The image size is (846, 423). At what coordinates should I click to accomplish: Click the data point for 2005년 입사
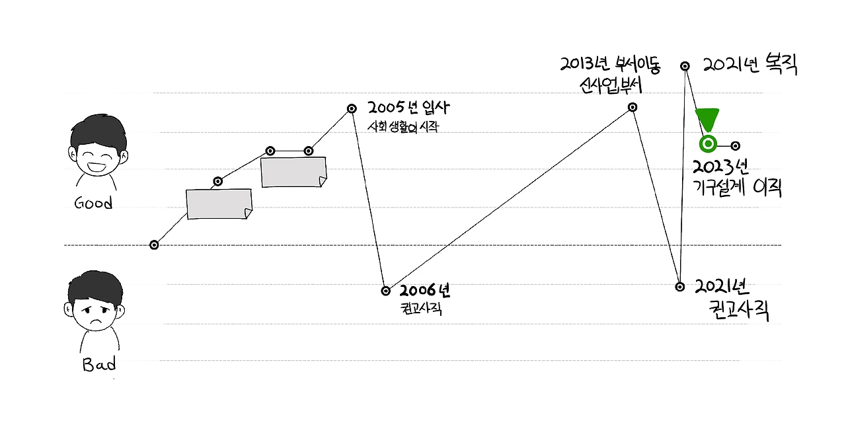click(352, 108)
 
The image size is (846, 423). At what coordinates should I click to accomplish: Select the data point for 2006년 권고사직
click(386, 290)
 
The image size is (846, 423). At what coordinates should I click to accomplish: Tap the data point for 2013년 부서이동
click(633, 107)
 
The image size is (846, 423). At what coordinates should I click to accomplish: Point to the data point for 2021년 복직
click(685, 65)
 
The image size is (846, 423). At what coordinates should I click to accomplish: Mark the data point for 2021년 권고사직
click(680, 286)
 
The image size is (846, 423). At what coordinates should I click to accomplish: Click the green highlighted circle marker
click(708, 143)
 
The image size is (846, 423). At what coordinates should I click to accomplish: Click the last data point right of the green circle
click(735, 145)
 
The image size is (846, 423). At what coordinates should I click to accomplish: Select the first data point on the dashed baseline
click(154, 245)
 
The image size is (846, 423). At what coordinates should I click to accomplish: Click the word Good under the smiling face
click(93, 203)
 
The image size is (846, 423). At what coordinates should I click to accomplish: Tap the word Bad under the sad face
click(99, 364)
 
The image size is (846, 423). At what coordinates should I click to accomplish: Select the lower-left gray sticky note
click(219, 204)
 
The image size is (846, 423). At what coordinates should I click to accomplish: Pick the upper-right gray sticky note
click(293, 172)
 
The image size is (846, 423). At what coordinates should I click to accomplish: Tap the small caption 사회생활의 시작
click(403, 127)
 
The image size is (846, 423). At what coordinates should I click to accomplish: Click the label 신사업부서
click(610, 85)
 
